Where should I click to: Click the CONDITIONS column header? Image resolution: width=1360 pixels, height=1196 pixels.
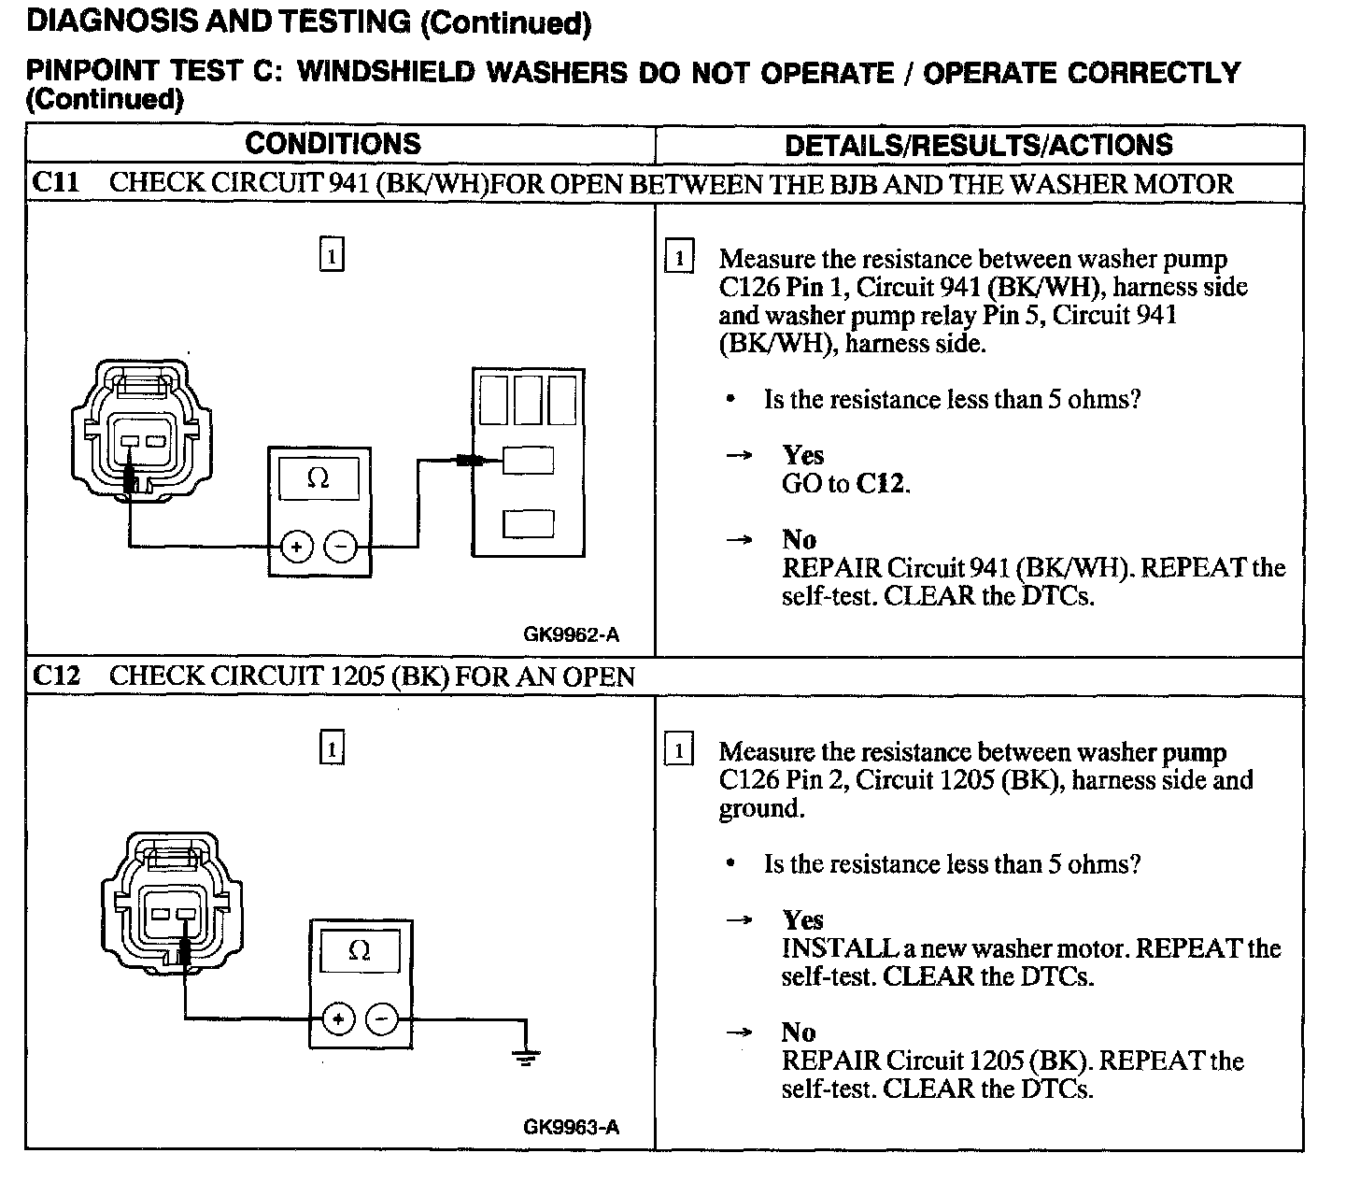[x=333, y=144]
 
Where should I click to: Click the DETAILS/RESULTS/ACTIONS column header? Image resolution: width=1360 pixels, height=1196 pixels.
[x=978, y=145]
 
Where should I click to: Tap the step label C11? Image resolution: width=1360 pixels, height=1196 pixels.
[x=56, y=182]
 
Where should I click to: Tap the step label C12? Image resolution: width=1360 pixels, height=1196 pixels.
[x=56, y=676]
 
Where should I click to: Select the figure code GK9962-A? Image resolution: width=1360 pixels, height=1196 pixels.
[x=571, y=635]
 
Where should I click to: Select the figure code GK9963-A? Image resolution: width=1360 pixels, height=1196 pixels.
[x=571, y=1127]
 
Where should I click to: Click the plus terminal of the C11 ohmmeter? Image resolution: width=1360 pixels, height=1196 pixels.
[x=296, y=547]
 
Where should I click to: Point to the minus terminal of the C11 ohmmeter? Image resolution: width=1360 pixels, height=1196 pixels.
[x=341, y=547]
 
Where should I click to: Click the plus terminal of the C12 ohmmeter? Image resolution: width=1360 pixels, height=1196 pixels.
[x=338, y=1018]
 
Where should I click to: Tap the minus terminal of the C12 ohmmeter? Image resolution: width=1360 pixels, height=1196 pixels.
[x=382, y=1018]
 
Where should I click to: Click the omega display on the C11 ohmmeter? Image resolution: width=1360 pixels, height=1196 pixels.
[x=318, y=478]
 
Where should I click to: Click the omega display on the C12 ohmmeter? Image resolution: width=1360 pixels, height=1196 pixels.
[x=359, y=951]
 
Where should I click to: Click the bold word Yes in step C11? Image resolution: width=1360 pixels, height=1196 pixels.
[x=802, y=455]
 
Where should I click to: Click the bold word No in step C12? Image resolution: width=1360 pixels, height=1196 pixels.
[x=798, y=1032]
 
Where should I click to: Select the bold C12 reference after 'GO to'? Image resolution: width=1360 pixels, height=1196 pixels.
[x=882, y=484]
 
